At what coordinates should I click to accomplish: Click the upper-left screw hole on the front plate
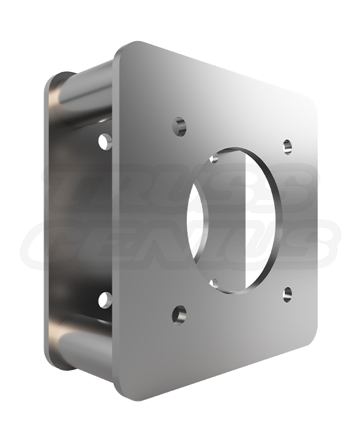point(180,126)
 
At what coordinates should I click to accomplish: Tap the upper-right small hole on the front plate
point(287,146)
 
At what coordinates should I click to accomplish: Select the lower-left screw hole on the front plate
point(179,314)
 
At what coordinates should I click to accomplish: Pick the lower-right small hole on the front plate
point(287,294)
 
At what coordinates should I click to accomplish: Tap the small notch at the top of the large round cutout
point(214,158)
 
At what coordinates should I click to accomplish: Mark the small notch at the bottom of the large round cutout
point(214,283)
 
